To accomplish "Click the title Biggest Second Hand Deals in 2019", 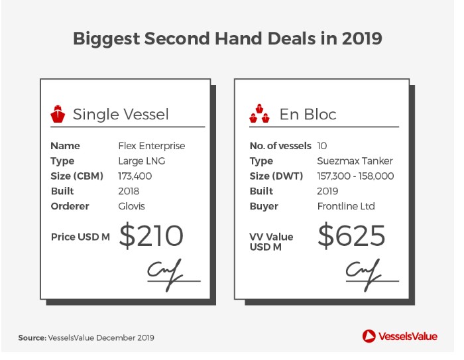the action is (227, 39).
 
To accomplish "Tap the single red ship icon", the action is (58, 113).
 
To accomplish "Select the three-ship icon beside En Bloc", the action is (260, 113).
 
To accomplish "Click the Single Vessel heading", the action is (121, 114).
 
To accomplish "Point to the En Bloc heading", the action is (308, 114).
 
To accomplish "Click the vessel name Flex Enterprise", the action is (152, 146).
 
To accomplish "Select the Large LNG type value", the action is (141, 161).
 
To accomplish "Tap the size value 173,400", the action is (135, 176).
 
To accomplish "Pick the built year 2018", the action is (129, 191).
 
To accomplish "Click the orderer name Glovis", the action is (131, 206).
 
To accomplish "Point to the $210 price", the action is (151, 235).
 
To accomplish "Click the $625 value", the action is (351, 235).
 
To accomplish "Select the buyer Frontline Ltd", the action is (346, 206).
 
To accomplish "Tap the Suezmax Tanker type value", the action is (355, 161).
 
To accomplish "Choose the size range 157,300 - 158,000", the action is (355, 176).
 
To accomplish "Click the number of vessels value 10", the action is (322, 146).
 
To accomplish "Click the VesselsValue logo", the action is (400, 336).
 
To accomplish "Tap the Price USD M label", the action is (80, 237).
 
